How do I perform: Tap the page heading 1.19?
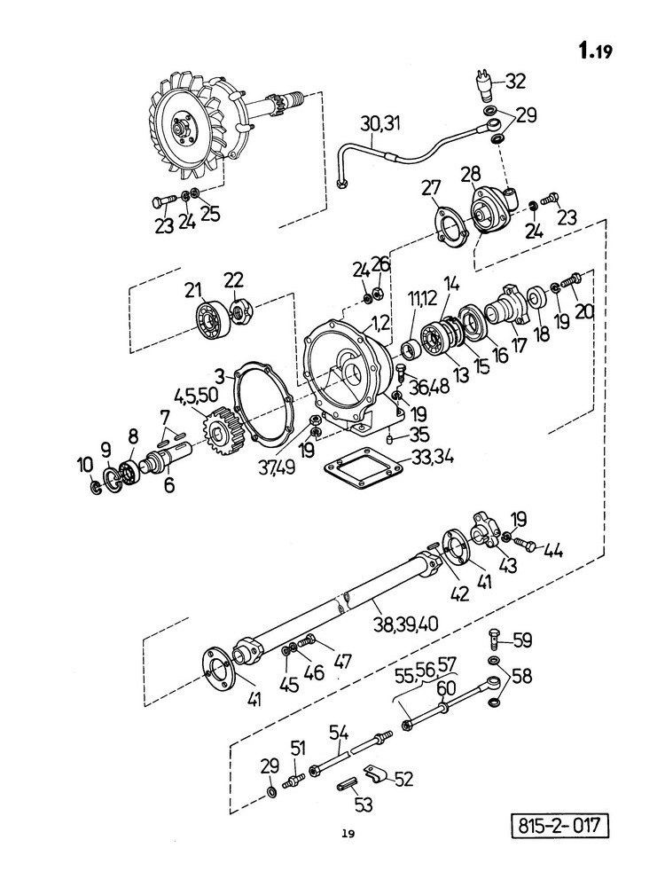[x=595, y=51]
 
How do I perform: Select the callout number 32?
[x=514, y=81]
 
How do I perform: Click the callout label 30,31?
[x=380, y=122]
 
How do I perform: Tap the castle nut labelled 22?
[x=241, y=312]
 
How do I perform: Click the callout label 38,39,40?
[x=406, y=624]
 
